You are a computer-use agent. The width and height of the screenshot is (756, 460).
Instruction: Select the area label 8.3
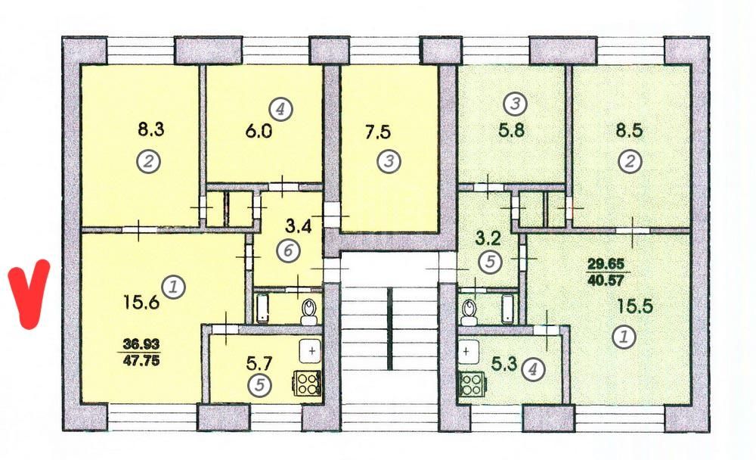click(x=151, y=129)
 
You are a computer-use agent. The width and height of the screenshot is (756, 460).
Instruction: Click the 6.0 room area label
click(x=259, y=132)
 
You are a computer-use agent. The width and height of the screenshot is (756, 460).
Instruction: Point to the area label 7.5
click(x=378, y=132)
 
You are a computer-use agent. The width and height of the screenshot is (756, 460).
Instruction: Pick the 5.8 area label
click(x=512, y=130)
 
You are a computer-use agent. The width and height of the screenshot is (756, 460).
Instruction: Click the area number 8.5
click(x=629, y=131)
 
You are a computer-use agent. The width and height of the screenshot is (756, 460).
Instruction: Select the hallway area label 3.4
click(x=299, y=226)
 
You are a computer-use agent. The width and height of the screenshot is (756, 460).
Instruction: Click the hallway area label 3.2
click(x=487, y=238)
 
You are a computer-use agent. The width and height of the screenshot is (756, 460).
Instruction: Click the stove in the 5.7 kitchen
click(x=308, y=384)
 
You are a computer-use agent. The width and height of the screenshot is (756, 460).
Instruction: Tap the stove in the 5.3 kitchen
click(x=472, y=384)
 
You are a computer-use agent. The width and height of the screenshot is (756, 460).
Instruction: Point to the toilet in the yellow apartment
click(x=308, y=312)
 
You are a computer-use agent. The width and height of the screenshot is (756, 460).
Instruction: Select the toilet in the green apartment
click(x=468, y=312)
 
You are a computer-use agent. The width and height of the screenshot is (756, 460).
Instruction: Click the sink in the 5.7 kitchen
click(x=311, y=351)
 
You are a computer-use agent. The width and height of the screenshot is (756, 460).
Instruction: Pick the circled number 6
click(x=288, y=250)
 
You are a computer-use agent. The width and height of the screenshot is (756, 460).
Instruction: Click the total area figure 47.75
click(x=141, y=361)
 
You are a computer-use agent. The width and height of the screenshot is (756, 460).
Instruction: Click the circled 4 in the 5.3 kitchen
click(x=534, y=369)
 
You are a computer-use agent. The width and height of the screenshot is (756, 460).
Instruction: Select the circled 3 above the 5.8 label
click(x=515, y=104)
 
